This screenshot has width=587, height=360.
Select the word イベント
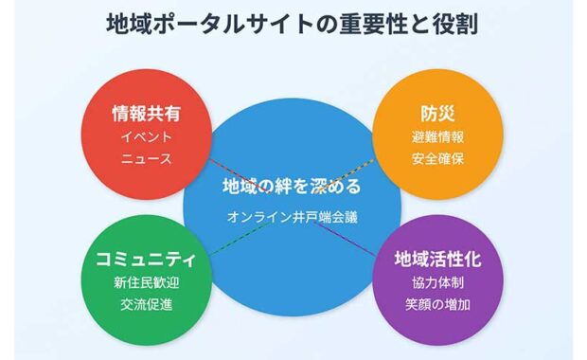click(146, 136)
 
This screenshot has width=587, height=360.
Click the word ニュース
click(146, 158)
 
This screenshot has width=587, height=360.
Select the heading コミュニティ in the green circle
click(146, 259)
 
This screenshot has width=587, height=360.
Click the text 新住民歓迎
click(146, 282)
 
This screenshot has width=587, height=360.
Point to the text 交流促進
click(146, 304)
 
